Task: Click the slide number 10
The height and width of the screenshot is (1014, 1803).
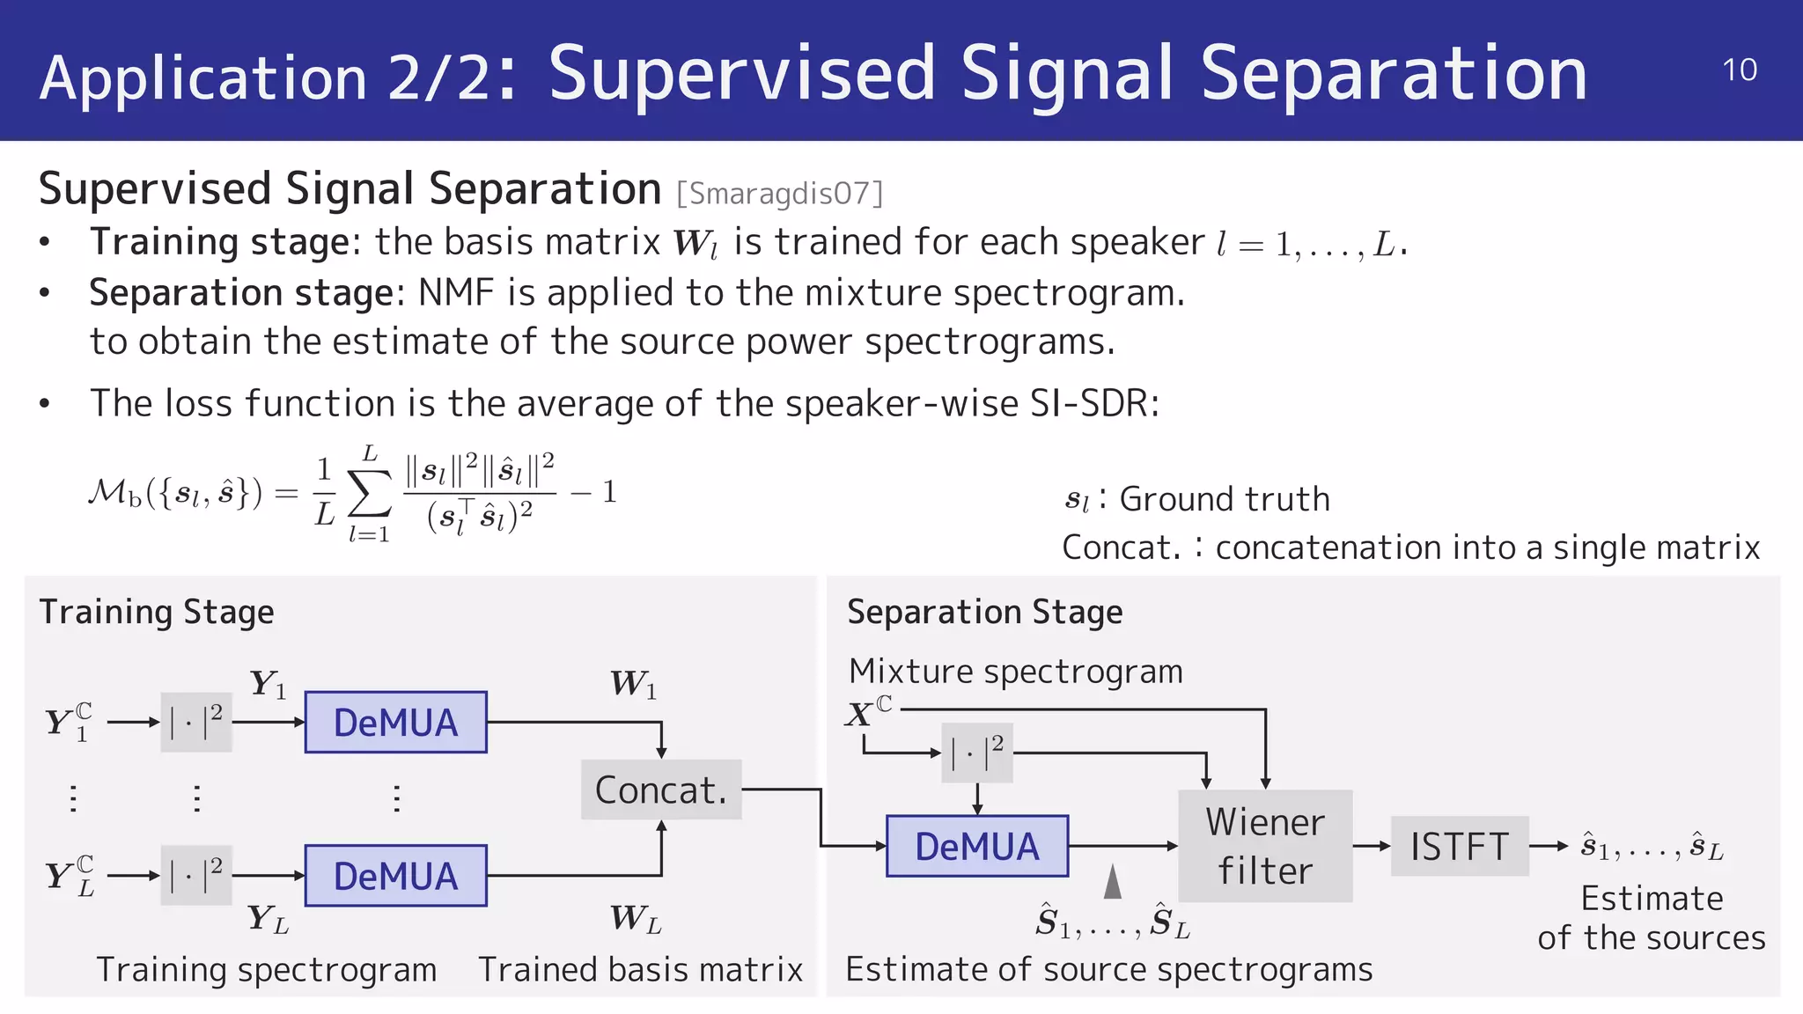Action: (1739, 70)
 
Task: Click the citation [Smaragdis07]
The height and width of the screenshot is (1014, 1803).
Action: (779, 193)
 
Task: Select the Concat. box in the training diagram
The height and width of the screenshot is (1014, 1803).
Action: (661, 790)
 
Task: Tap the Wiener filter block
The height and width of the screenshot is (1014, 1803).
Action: (1265, 846)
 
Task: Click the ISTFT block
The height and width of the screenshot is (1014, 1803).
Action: (1460, 846)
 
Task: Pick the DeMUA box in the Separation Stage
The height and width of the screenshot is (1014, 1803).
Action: (977, 846)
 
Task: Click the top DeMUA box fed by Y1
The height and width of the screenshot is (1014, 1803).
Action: (395, 723)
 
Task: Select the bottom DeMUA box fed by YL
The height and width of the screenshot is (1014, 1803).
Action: (395, 876)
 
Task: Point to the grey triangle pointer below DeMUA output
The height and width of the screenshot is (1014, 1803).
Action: (1113, 882)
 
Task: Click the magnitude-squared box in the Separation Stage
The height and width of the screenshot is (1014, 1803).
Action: (977, 753)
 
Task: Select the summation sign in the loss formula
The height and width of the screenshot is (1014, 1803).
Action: (370, 495)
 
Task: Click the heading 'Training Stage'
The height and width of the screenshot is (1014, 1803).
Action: (157, 612)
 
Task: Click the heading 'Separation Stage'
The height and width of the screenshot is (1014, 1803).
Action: (984, 612)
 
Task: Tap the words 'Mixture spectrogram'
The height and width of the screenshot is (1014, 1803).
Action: (1016, 672)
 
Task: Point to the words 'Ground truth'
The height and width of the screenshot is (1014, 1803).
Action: (1224, 499)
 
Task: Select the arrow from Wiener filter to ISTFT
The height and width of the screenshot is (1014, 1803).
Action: (1371, 846)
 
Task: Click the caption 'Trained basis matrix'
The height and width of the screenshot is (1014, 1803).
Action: (640, 969)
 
